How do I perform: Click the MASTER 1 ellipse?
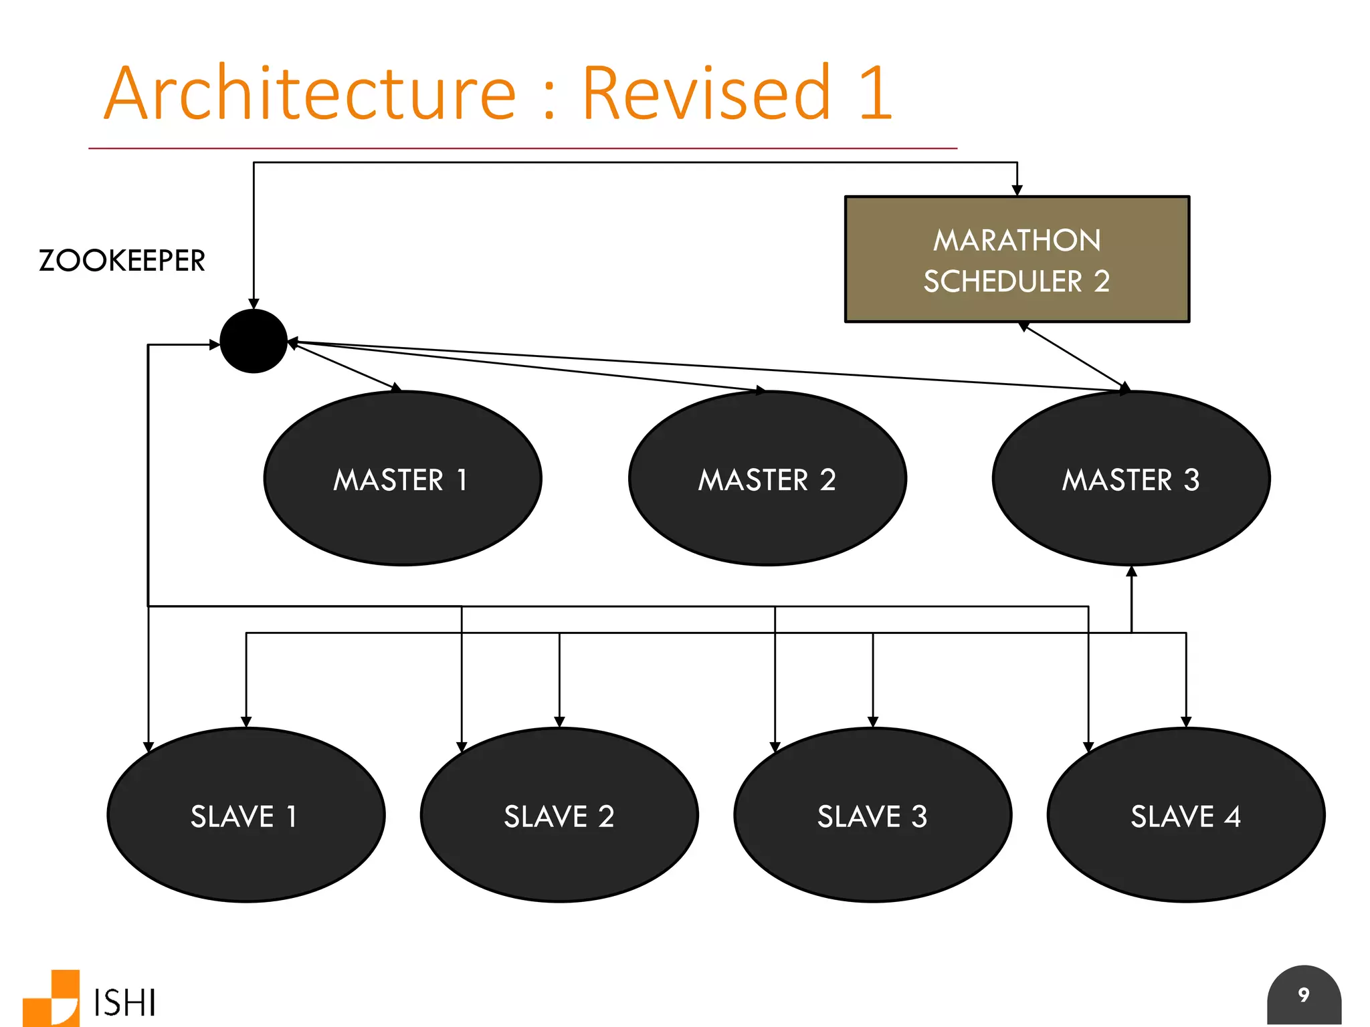pos(402,479)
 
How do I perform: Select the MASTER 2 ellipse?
pos(767,479)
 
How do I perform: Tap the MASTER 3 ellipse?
pos(1131,479)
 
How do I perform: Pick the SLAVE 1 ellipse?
pos(246,815)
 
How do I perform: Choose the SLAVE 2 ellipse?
pos(559,815)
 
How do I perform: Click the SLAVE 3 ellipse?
pos(872,815)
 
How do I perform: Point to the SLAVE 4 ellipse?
pos(1185,815)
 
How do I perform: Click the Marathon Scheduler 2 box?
pos(1017,259)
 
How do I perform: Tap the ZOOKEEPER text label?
pos(122,261)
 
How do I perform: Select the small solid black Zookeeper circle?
pos(254,341)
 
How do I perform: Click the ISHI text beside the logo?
pos(124,1003)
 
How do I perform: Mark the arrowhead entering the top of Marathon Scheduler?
pos(1017,191)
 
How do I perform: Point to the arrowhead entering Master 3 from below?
pos(1131,572)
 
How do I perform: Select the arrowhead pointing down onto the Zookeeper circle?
pos(254,304)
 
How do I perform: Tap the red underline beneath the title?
pos(522,148)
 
